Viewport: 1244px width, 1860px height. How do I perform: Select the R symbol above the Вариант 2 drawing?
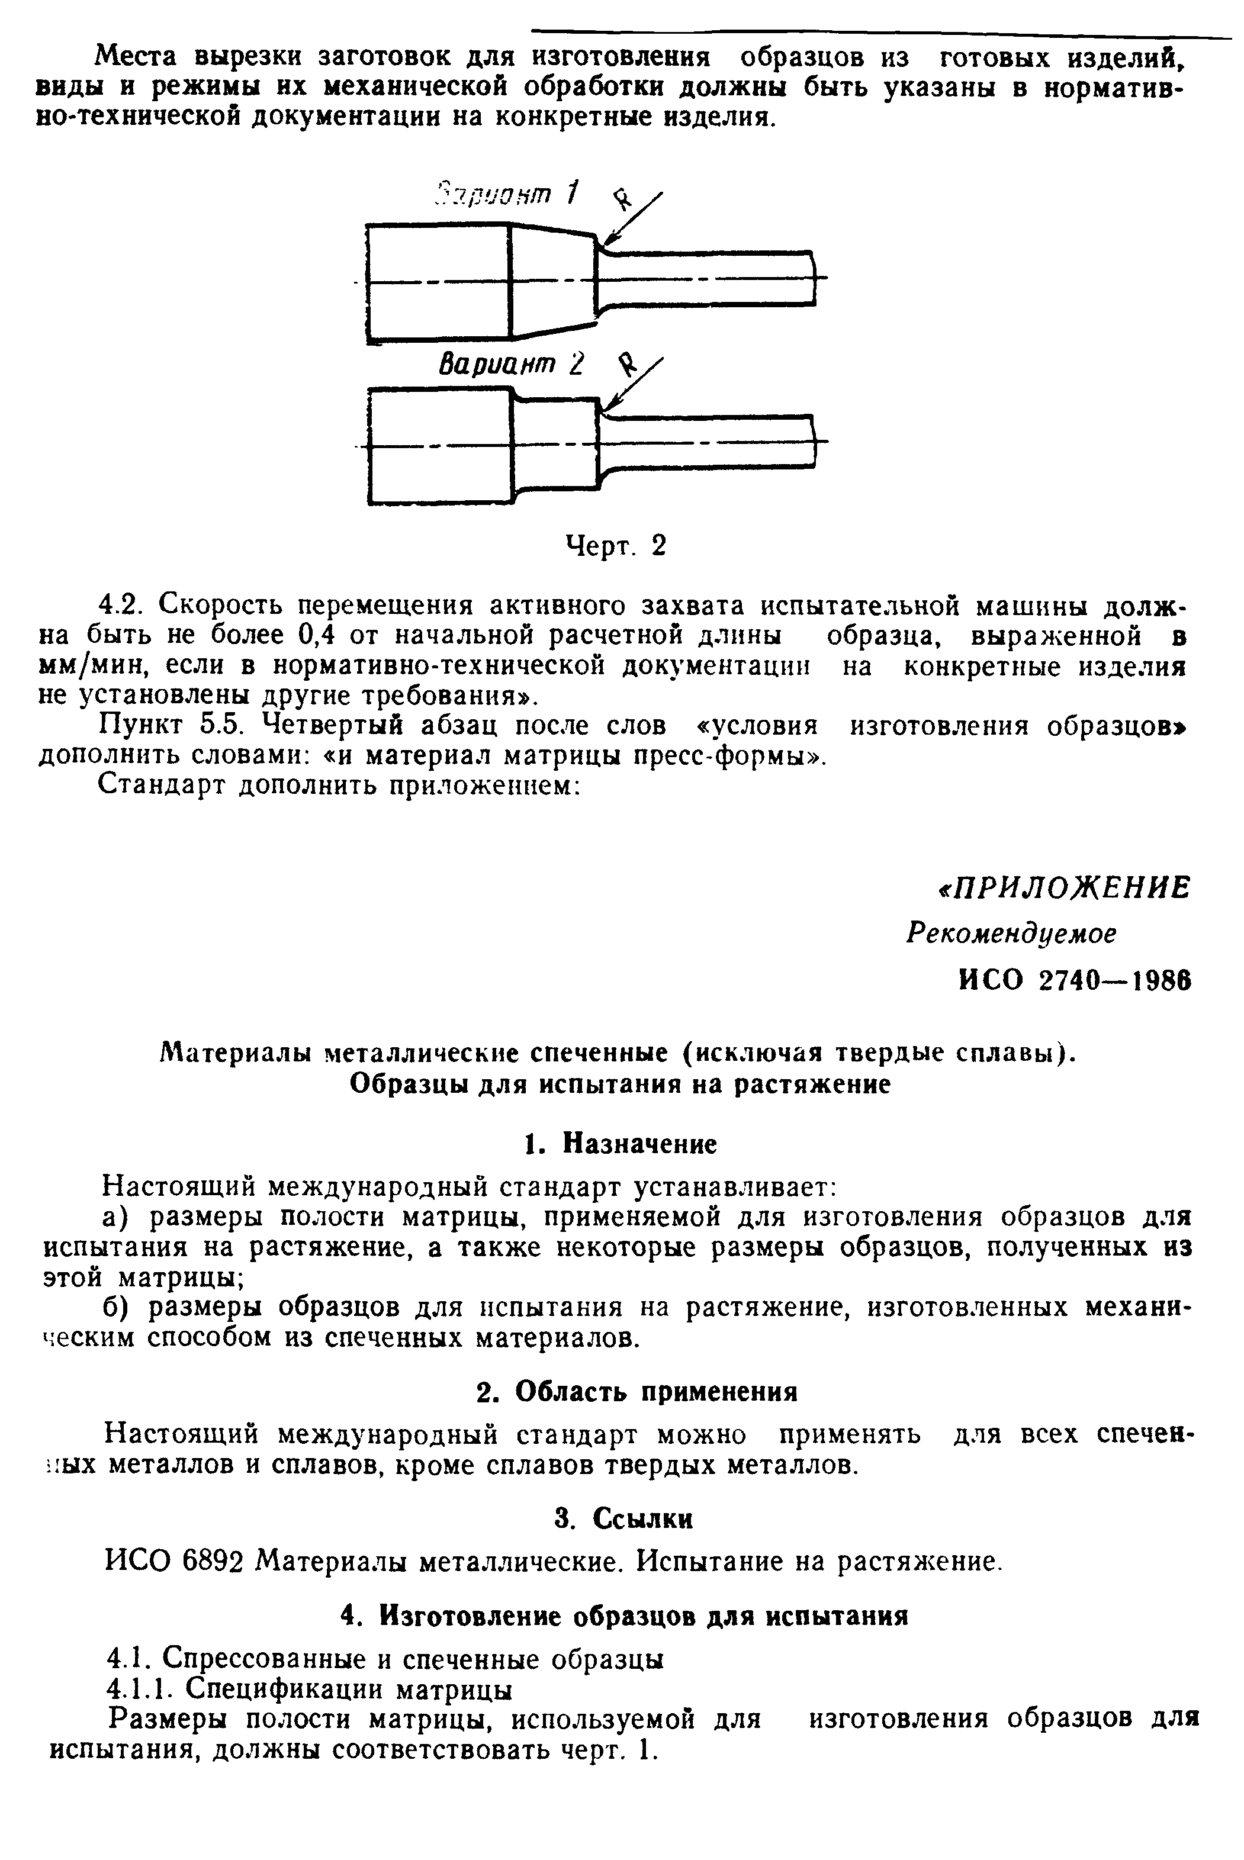(628, 364)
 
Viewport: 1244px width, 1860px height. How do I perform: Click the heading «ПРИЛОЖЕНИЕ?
(1063, 889)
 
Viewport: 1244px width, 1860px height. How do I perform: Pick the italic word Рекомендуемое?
(1011, 934)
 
